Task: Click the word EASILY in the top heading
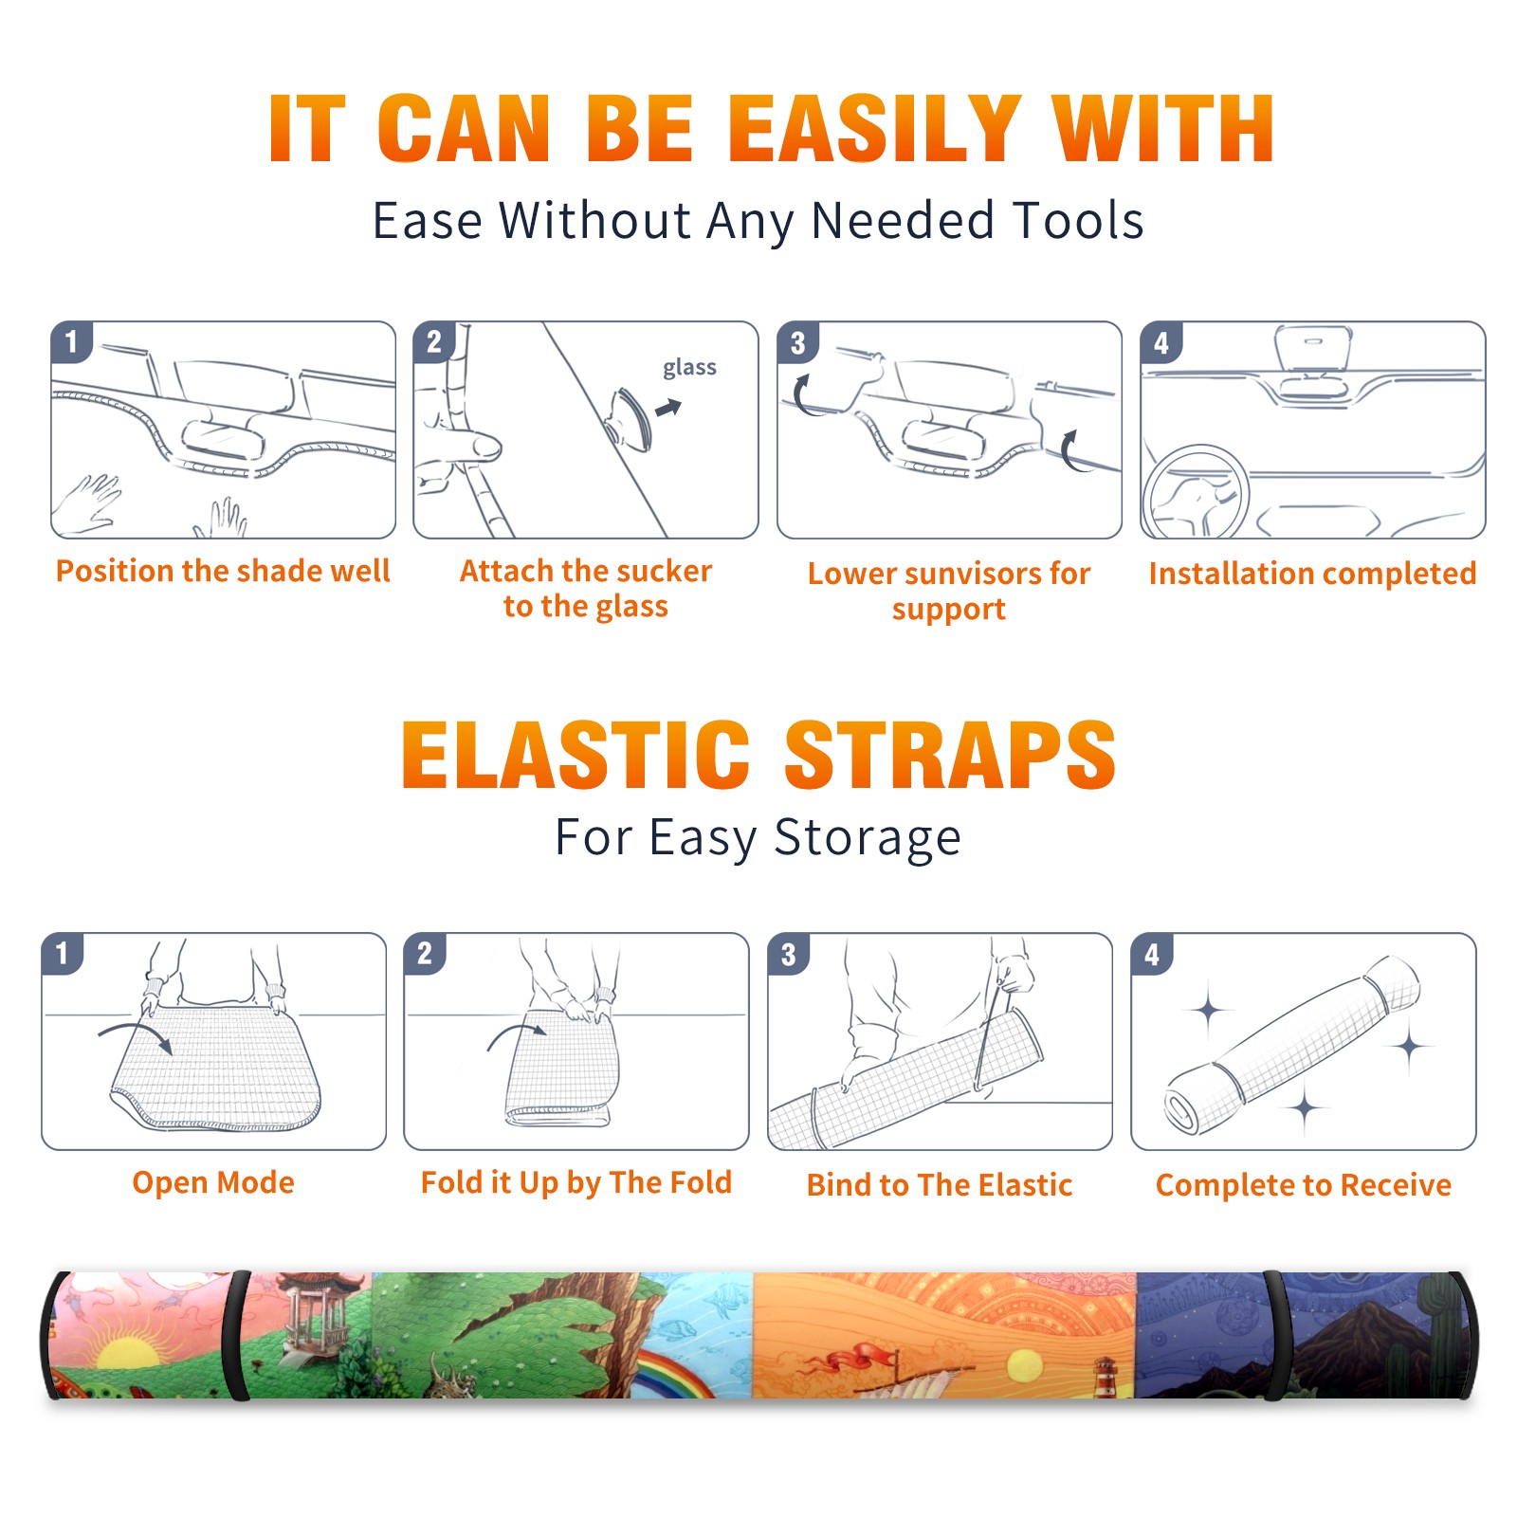pos(874,129)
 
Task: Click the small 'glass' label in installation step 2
pos(689,368)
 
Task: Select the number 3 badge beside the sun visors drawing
pos(797,342)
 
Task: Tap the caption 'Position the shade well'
pos(223,571)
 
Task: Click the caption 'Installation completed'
pos(1312,574)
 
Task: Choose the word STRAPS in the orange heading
pos(950,755)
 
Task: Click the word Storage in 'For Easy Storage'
pos(868,838)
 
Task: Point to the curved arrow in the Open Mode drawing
pos(136,1033)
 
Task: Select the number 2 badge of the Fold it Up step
pos(425,953)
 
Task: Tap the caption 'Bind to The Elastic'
pos(939,1185)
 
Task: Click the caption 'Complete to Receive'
pos(1304,1185)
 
